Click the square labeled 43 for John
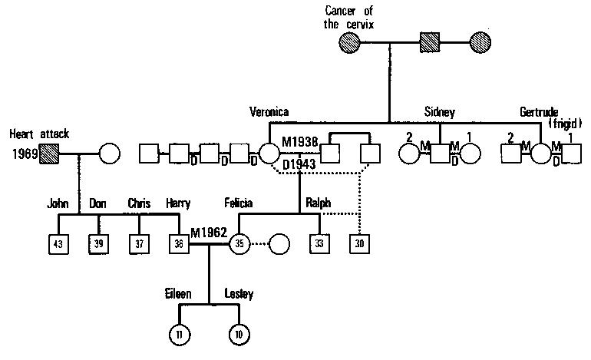point(58,245)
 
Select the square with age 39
point(98,245)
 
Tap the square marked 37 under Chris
point(139,245)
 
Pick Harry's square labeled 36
point(179,245)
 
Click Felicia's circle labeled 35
point(240,245)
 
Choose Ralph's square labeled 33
point(319,245)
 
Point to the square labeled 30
point(359,245)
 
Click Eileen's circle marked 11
point(180,335)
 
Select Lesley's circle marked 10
point(240,335)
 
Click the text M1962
point(206,233)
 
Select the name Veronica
point(269,112)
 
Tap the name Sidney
point(440,113)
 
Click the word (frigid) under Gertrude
point(566,124)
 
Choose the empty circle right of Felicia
point(279,245)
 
